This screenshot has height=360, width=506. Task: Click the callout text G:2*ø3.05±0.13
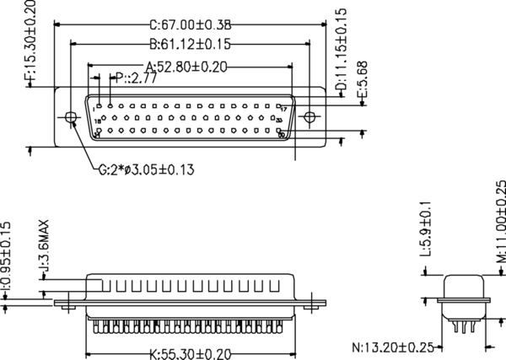(x=146, y=170)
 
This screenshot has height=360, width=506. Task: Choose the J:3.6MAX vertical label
(x=43, y=245)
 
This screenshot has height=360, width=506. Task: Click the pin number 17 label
(x=284, y=109)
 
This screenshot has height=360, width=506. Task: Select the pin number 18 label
(x=98, y=121)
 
